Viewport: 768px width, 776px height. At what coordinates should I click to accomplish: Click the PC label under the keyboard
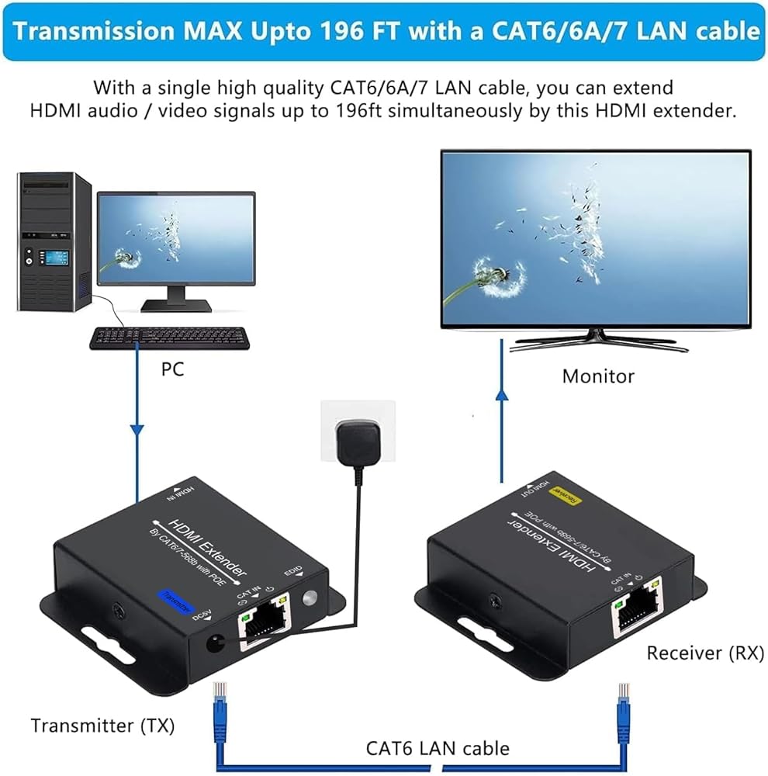tap(172, 369)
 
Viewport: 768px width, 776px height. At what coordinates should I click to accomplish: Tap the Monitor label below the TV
tap(598, 376)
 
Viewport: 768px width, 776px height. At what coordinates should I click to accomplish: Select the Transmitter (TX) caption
tap(102, 726)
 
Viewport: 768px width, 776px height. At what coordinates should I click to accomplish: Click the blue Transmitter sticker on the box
tap(175, 600)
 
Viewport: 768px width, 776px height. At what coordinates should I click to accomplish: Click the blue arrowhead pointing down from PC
tap(137, 429)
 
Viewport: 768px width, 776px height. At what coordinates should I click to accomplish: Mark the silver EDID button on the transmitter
tap(311, 599)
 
